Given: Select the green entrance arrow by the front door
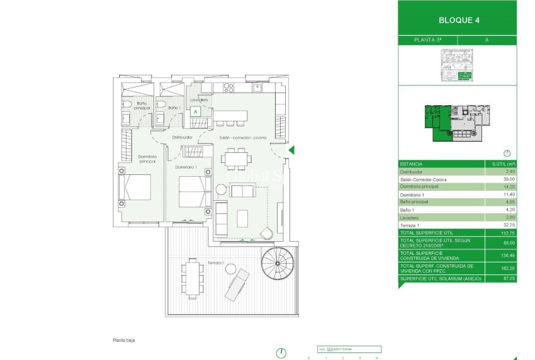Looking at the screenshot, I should coord(291,150).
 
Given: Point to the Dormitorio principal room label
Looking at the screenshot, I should coord(138,159).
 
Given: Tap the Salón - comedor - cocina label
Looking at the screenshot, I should coord(242,137).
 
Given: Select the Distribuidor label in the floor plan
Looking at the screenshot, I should coord(182,137).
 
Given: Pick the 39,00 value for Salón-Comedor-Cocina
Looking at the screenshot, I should coord(500,179).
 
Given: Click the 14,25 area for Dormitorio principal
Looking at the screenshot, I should coord(500,187).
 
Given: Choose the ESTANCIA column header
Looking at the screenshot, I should coord(411,164).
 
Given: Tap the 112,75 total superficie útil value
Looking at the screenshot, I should coord(500,232).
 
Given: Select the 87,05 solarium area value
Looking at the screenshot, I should coord(500,278).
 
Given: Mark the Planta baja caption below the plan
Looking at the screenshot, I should coord(124,340).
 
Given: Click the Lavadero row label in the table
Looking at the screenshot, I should coord(410,217).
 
